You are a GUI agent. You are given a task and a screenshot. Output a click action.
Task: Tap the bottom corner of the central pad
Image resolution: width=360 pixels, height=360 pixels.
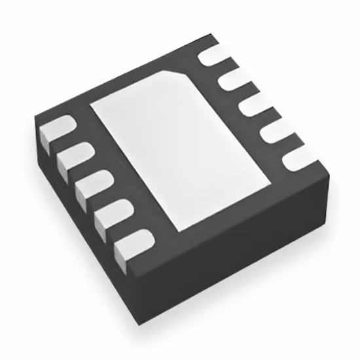[x=179, y=230]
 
